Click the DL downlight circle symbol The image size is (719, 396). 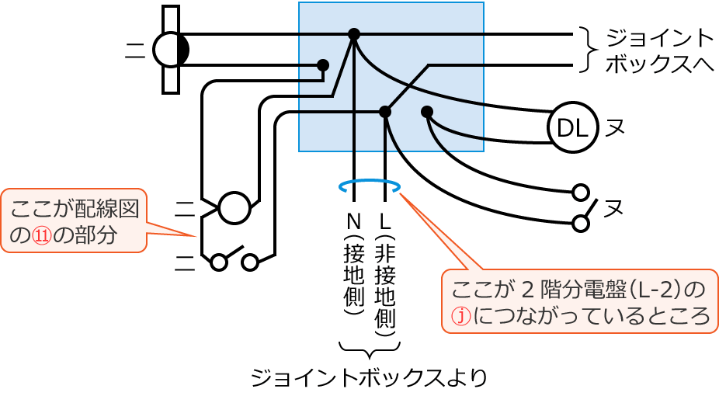(572, 127)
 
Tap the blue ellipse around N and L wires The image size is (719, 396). (370, 186)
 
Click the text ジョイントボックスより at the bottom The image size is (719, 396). (368, 377)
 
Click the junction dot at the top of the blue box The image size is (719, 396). (354, 34)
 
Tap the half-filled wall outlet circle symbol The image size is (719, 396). (171, 50)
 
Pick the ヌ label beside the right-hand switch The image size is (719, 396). (614, 208)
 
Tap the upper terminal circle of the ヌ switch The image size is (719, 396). (579, 192)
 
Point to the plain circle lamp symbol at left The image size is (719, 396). (234, 208)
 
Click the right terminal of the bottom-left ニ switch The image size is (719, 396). (249, 262)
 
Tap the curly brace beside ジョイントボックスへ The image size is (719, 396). (588, 50)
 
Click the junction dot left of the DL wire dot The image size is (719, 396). (385, 112)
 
